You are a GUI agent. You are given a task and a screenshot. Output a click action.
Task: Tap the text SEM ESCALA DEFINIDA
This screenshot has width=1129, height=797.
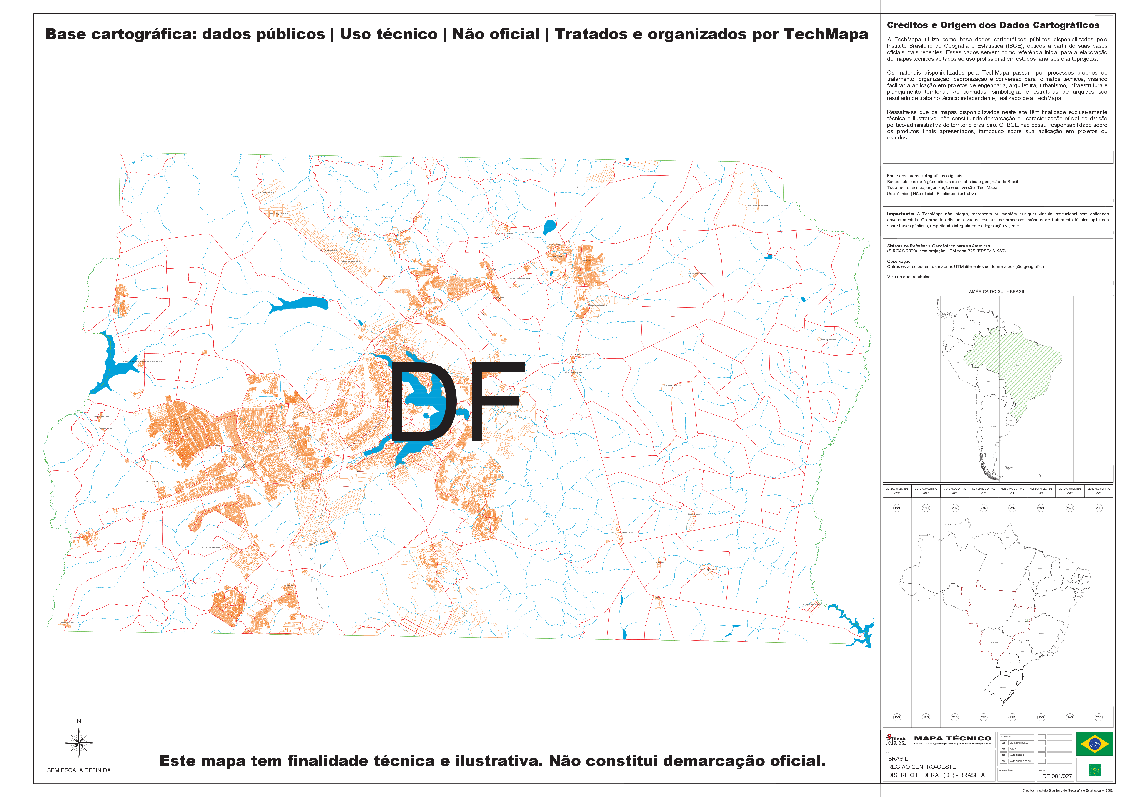(x=79, y=770)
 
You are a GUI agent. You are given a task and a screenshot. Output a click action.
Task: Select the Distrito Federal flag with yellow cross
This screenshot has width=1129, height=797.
(x=1095, y=770)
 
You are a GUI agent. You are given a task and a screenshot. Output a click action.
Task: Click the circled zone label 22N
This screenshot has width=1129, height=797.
(x=1012, y=508)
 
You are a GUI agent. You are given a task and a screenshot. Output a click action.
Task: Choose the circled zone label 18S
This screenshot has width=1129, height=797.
(x=897, y=717)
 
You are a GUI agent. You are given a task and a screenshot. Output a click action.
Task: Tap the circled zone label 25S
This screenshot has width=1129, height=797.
(x=1099, y=717)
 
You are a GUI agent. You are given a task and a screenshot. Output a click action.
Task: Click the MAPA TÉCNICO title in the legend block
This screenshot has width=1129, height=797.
(x=952, y=738)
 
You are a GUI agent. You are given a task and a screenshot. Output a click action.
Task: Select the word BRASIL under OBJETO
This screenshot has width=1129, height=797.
(x=898, y=759)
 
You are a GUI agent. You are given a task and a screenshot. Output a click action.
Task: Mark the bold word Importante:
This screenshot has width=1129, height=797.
(x=900, y=214)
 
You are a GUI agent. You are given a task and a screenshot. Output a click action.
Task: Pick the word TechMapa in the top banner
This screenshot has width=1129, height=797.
(x=826, y=34)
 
